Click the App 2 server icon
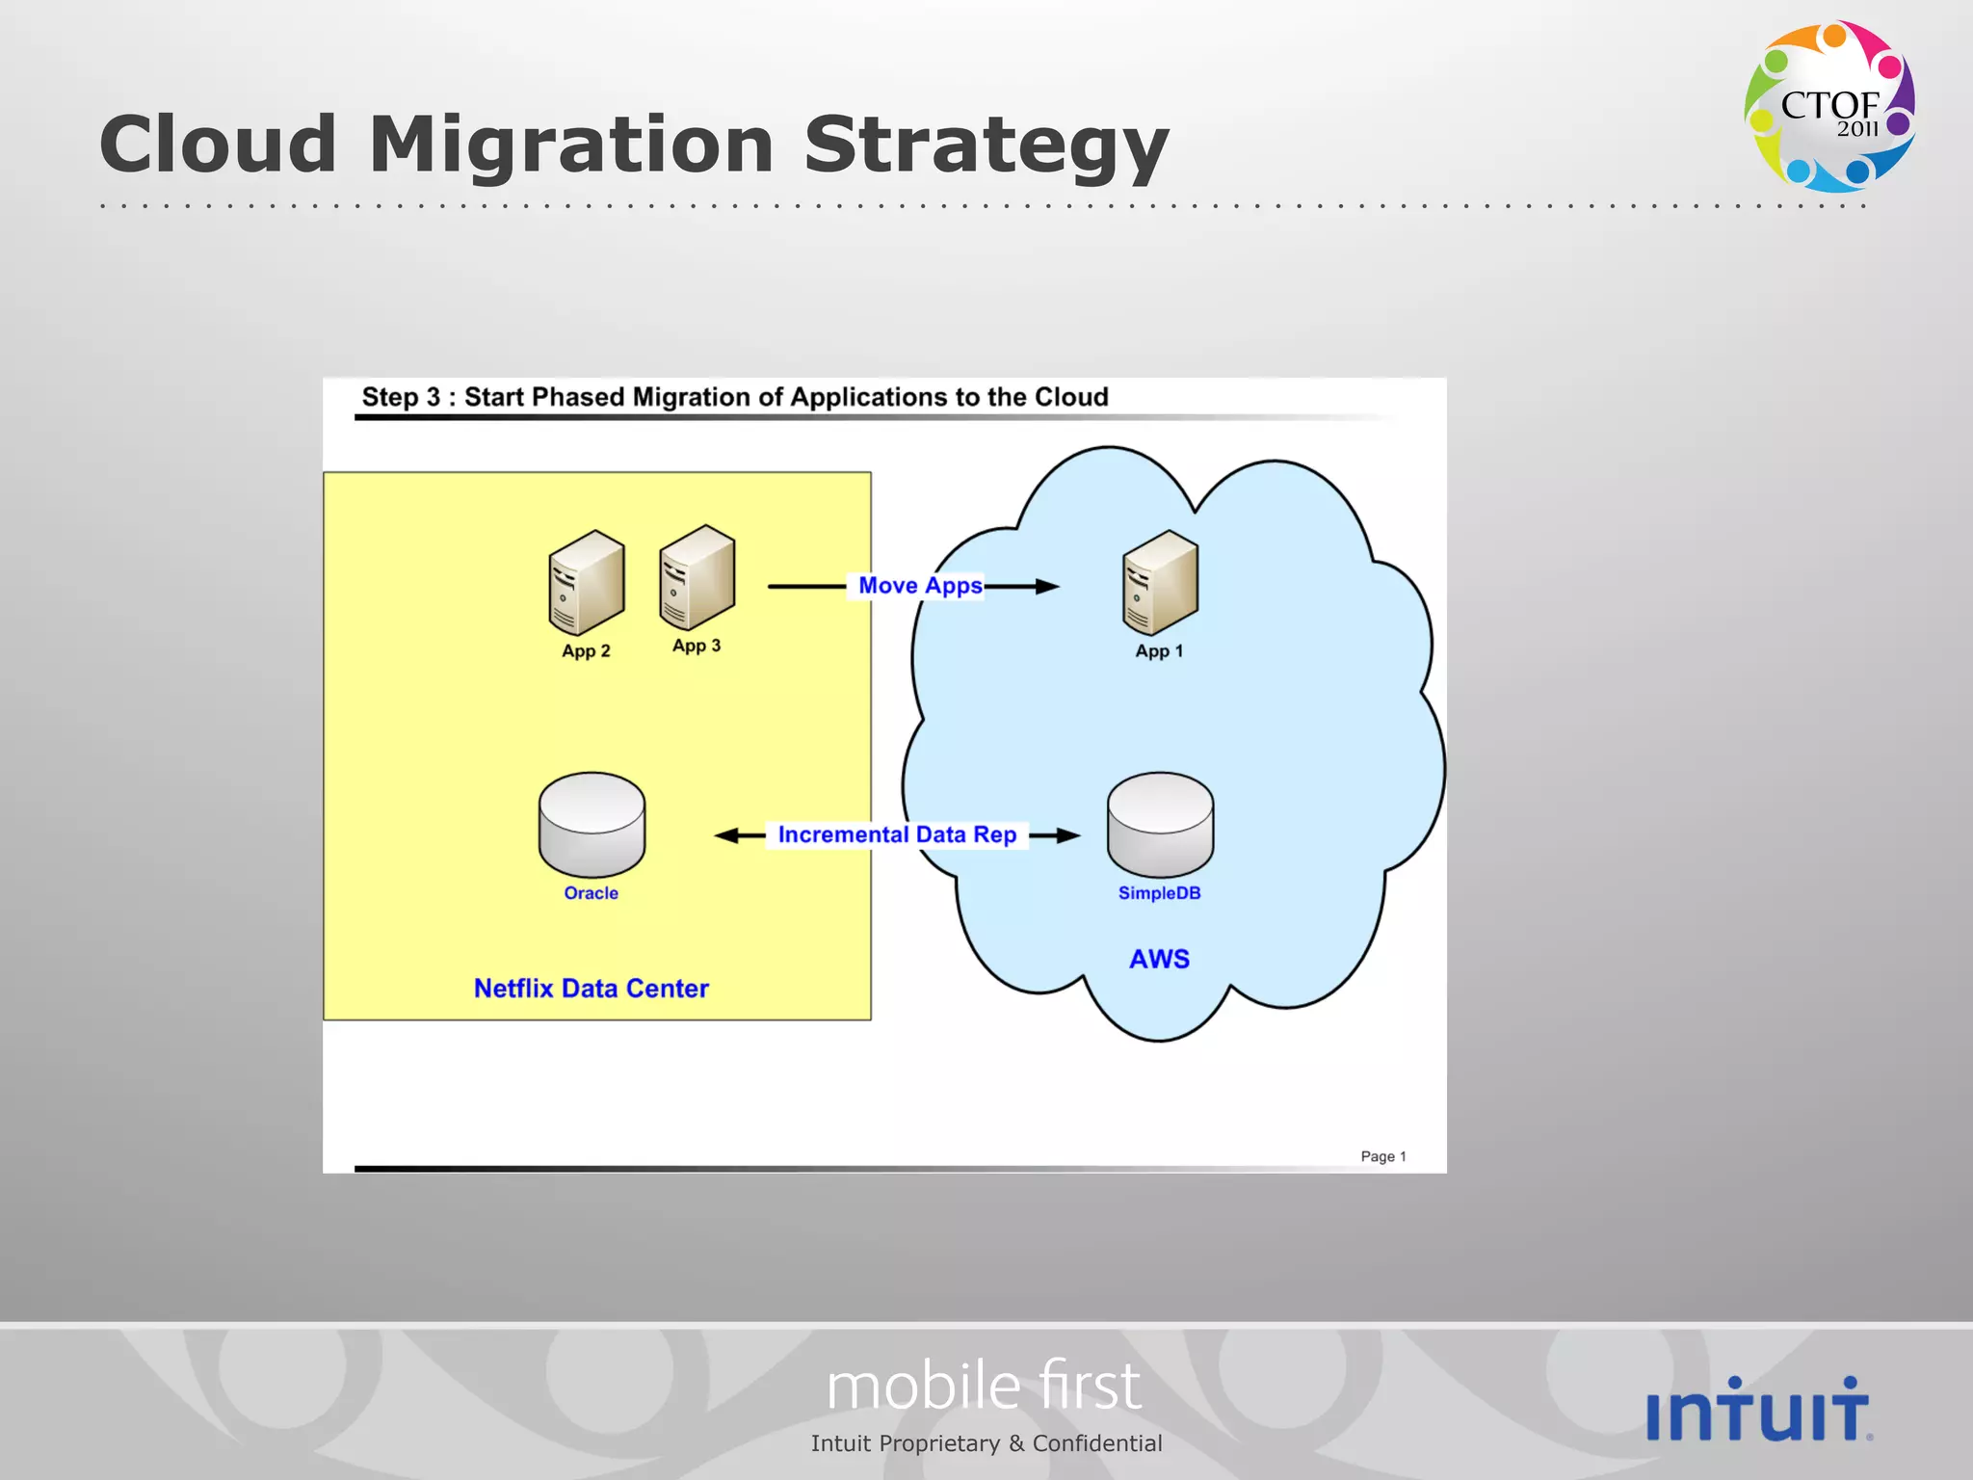tap(586, 582)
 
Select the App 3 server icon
tap(697, 576)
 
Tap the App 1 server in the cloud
tap(1160, 582)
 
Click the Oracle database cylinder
tap(592, 824)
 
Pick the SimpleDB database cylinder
tap(1160, 824)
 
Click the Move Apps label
tap(920, 586)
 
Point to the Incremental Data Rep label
tap(897, 834)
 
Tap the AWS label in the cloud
tap(1159, 959)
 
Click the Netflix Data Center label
tap(591, 989)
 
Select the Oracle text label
tap(591, 893)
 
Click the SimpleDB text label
tap(1159, 893)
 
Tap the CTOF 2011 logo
tap(1828, 106)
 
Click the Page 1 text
tap(1382, 1156)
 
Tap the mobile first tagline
tap(984, 1386)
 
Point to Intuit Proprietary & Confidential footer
tap(986, 1443)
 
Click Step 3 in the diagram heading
tap(401, 397)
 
